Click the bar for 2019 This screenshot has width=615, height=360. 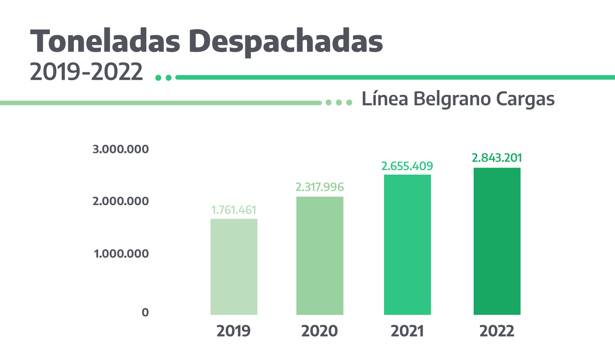tap(234, 266)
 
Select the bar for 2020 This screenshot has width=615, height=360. tap(320, 256)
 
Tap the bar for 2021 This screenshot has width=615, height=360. tap(407, 244)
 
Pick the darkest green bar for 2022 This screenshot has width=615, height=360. tap(497, 241)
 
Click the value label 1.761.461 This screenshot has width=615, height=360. tap(234, 210)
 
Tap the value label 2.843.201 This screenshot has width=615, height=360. tap(497, 158)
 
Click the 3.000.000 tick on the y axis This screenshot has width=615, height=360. tap(120, 149)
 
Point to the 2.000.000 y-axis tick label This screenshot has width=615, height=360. tap(120, 201)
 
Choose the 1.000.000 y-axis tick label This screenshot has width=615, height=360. tap(121, 254)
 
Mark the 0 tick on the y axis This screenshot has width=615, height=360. tap(145, 312)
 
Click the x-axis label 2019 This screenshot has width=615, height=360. tap(233, 332)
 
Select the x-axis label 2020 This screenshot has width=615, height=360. tap(319, 332)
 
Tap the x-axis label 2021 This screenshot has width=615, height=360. tap(407, 332)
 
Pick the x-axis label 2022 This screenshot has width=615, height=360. tap(497, 332)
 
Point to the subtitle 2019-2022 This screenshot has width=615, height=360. tap(86, 72)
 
